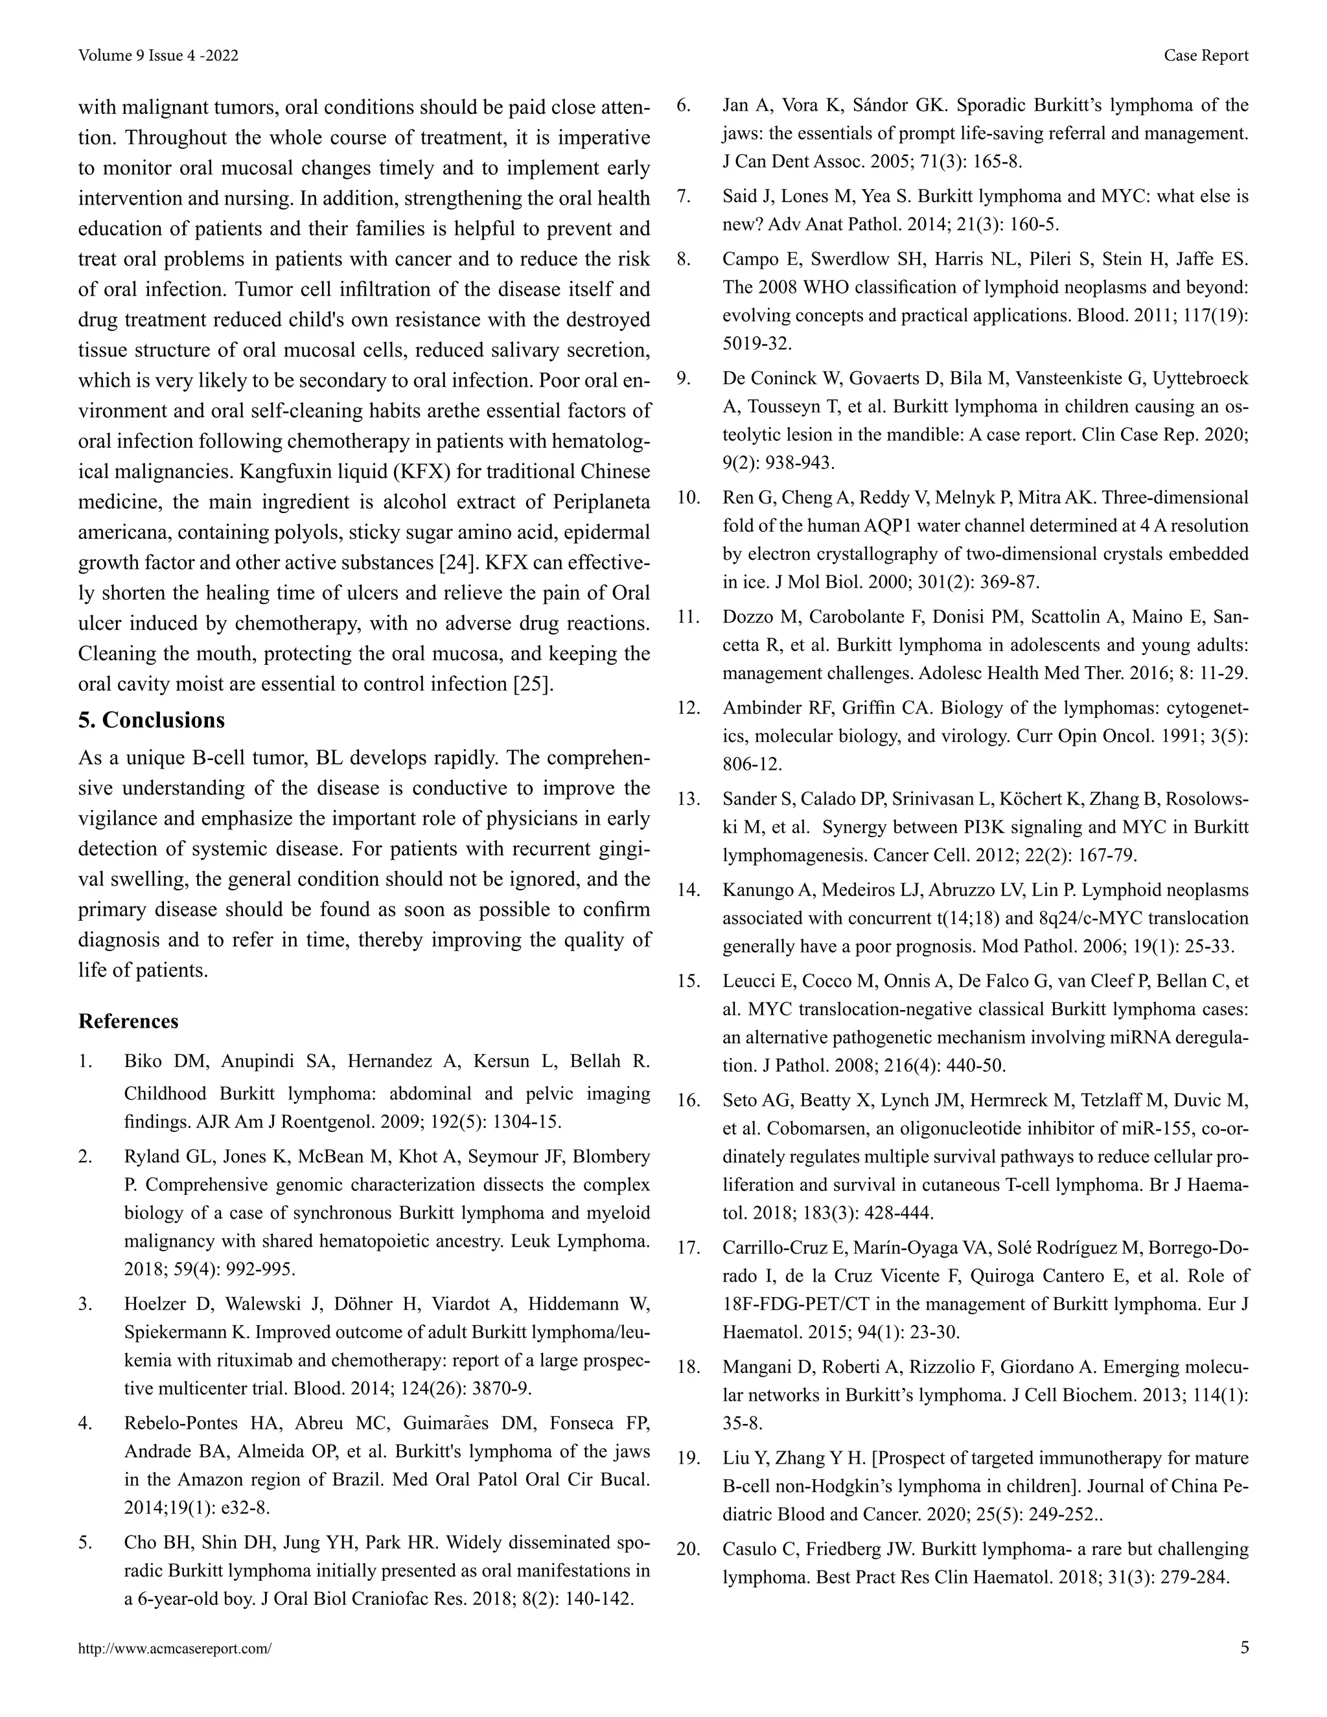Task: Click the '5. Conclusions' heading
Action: tap(151, 720)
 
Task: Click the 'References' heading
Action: tap(128, 1021)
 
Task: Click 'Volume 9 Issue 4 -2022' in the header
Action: tap(158, 55)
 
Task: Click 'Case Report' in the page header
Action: tap(1206, 55)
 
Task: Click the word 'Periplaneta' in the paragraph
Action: tap(601, 501)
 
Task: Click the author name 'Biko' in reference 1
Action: tap(144, 1061)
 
